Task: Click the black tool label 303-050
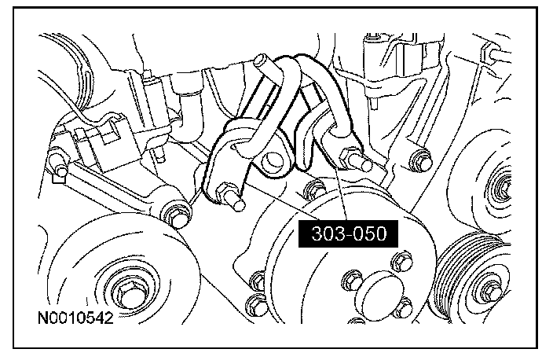tap(348, 233)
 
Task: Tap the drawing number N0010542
tap(75, 318)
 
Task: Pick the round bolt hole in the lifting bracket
tap(272, 160)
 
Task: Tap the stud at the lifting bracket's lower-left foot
tap(230, 197)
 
